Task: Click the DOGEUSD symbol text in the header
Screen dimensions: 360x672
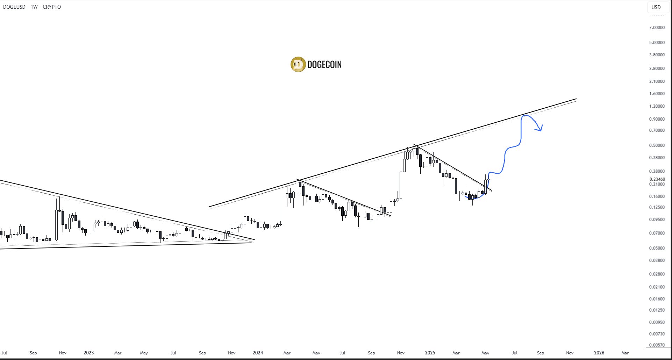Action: click(14, 7)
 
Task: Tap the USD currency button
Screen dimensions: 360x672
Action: click(656, 7)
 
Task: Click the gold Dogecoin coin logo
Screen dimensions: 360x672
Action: click(298, 64)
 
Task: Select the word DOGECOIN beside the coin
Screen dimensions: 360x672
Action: click(324, 65)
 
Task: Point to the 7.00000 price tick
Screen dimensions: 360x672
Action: click(657, 28)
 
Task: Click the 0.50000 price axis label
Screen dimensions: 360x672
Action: click(657, 145)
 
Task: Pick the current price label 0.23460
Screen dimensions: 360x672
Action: click(657, 179)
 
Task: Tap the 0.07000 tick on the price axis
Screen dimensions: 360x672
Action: click(657, 233)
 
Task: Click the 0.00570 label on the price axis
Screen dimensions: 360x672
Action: click(657, 345)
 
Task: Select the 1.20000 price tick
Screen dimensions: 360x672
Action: click(657, 106)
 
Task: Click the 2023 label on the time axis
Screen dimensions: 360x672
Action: click(88, 353)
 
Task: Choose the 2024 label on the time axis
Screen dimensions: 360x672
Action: click(258, 353)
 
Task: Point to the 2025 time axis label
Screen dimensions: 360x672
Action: click(430, 353)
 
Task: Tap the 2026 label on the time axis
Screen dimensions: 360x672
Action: click(599, 353)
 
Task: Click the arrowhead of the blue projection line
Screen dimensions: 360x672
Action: click(541, 130)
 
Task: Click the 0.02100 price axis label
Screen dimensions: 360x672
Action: click(657, 287)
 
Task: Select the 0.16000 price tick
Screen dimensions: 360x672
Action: click(657, 196)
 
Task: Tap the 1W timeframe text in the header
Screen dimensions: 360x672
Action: click(34, 7)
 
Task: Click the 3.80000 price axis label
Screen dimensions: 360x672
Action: click(657, 55)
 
